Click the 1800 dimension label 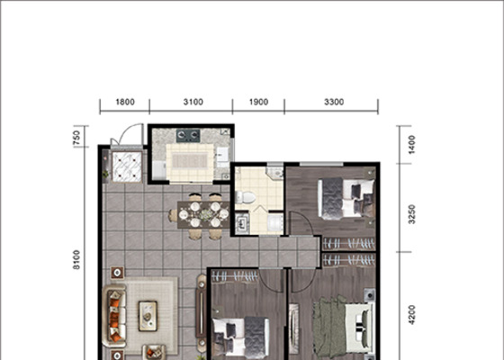point(125,103)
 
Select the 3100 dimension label point(193,103)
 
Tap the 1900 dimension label point(259,103)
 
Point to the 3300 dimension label point(334,103)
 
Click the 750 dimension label point(76,137)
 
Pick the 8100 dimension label point(76,260)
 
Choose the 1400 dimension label point(411,145)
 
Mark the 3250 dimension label point(411,214)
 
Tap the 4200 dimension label point(411,315)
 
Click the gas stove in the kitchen point(188,136)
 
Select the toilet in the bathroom point(245,197)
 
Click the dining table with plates point(203,215)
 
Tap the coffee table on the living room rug point(148,316)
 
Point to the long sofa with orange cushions point(114,315)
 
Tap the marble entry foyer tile point(127,166)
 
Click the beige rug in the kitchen point(190,160)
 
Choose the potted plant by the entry point(105,174)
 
